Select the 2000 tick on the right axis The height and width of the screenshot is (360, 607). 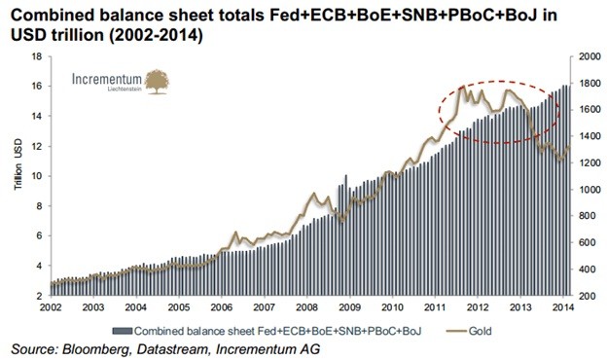(x=588, y=56)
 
